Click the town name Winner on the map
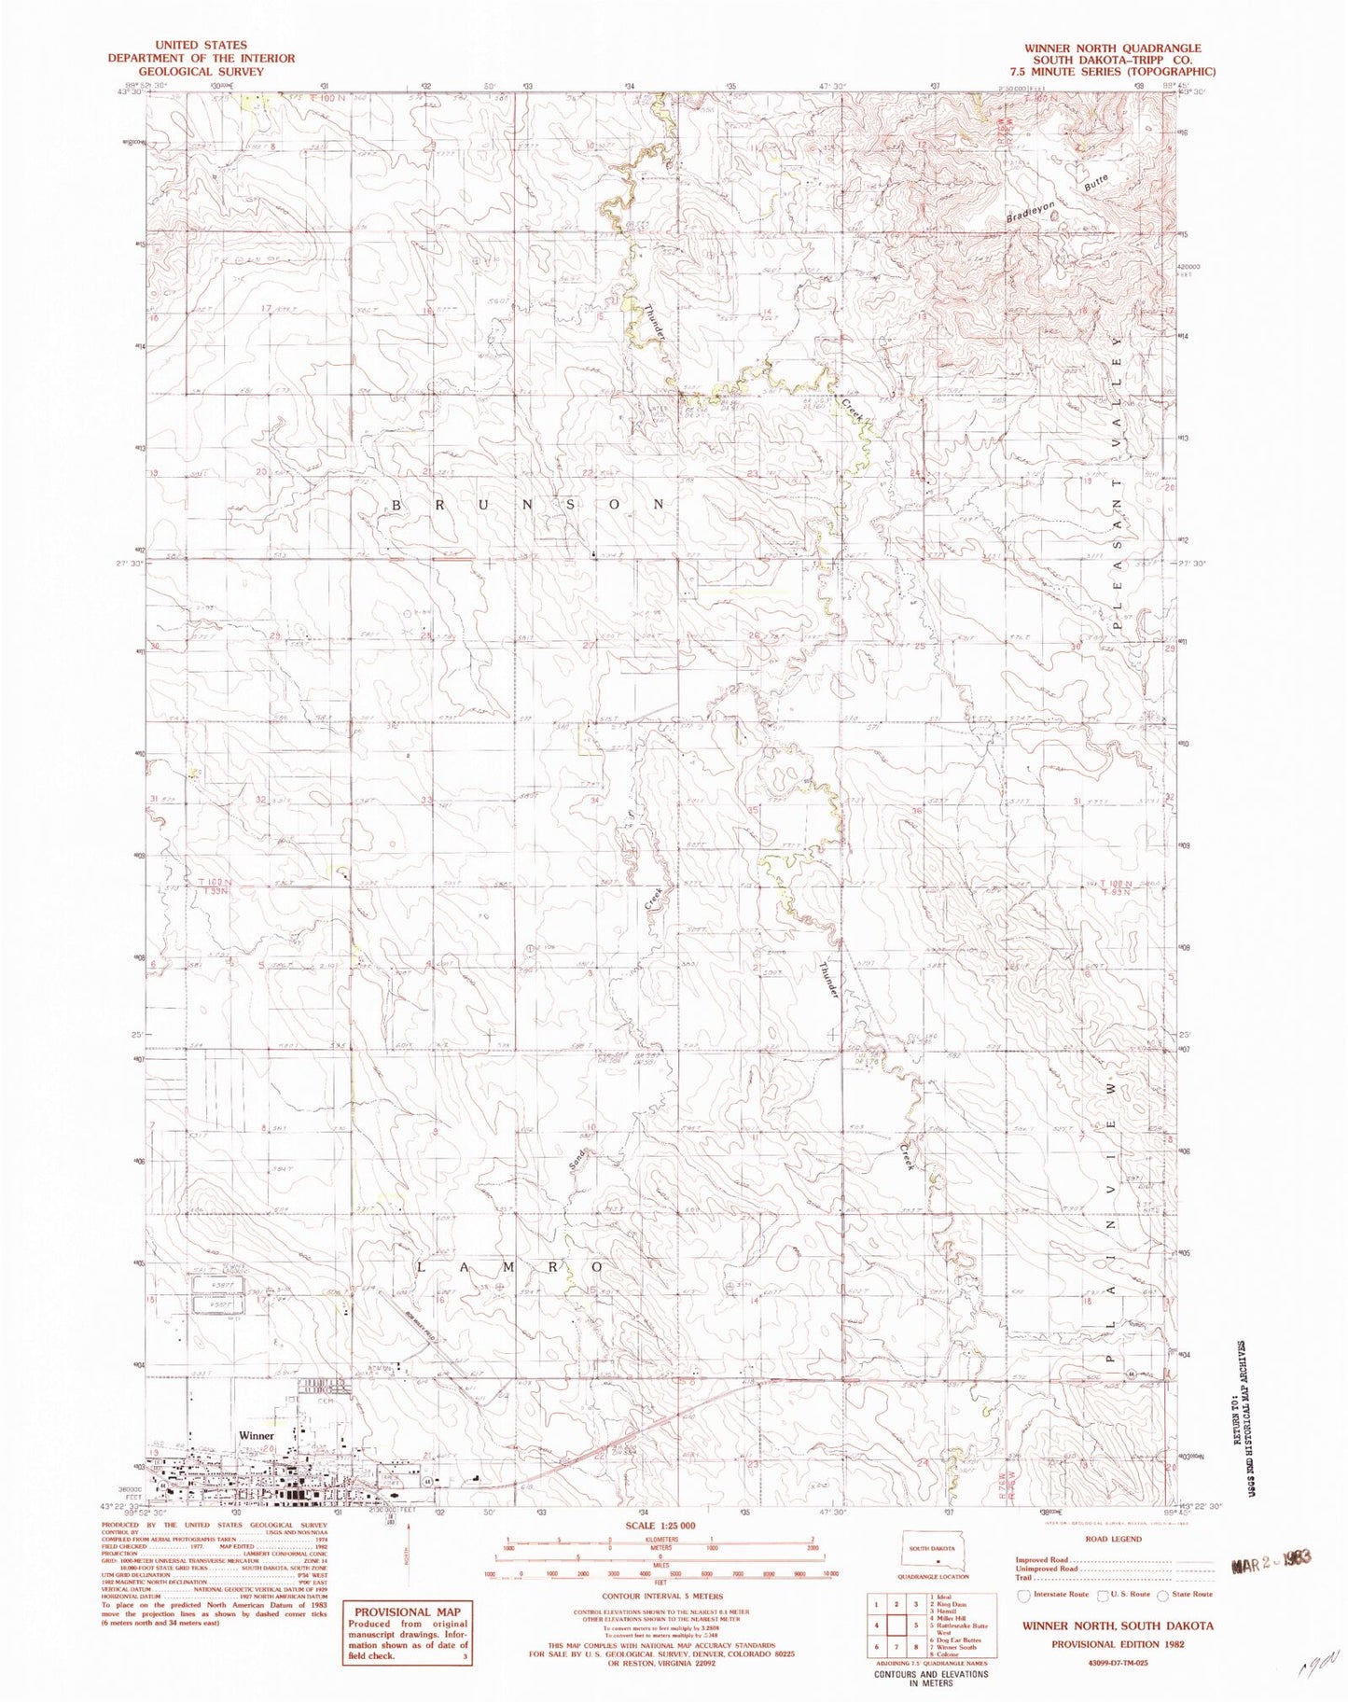click(x=257, y=1436)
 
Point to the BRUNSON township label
click(x=528, y=505)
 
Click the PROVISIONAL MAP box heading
click(x=407, y=1611)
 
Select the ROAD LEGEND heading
click(x=1113, y=1539)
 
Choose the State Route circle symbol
click(x=1162, y=1596)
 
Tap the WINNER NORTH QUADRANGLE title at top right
click(x=1112, y=48)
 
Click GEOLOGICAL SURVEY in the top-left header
click(x=202, y=71)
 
